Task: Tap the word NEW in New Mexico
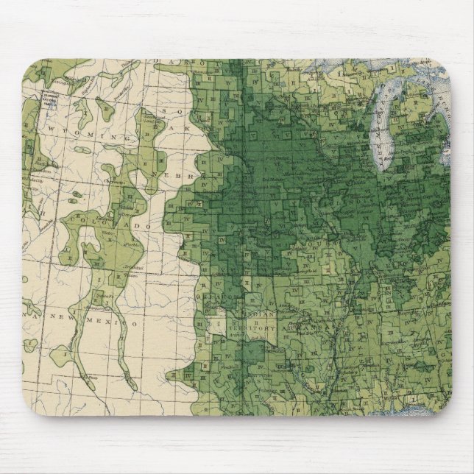pos(63,314)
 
